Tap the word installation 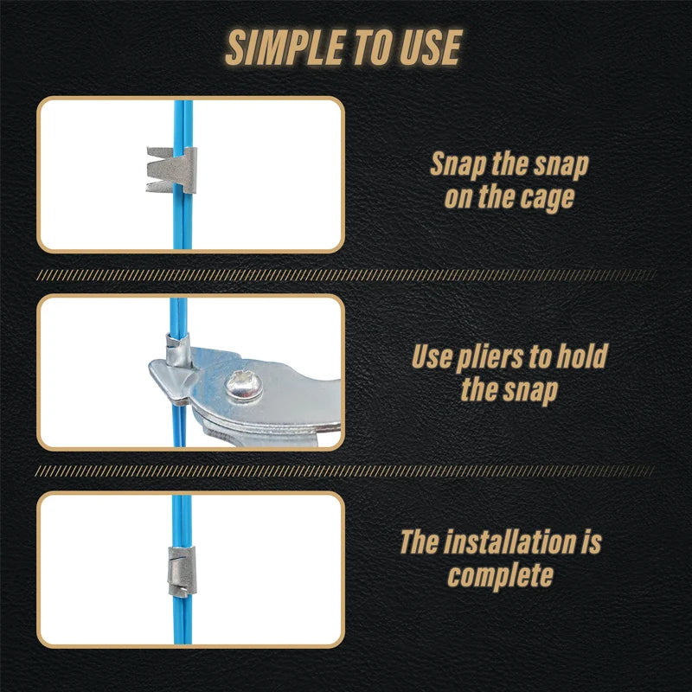(511, 542)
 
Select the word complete (500, 575)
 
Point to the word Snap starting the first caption (460, 164)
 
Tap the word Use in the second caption (432, 356)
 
